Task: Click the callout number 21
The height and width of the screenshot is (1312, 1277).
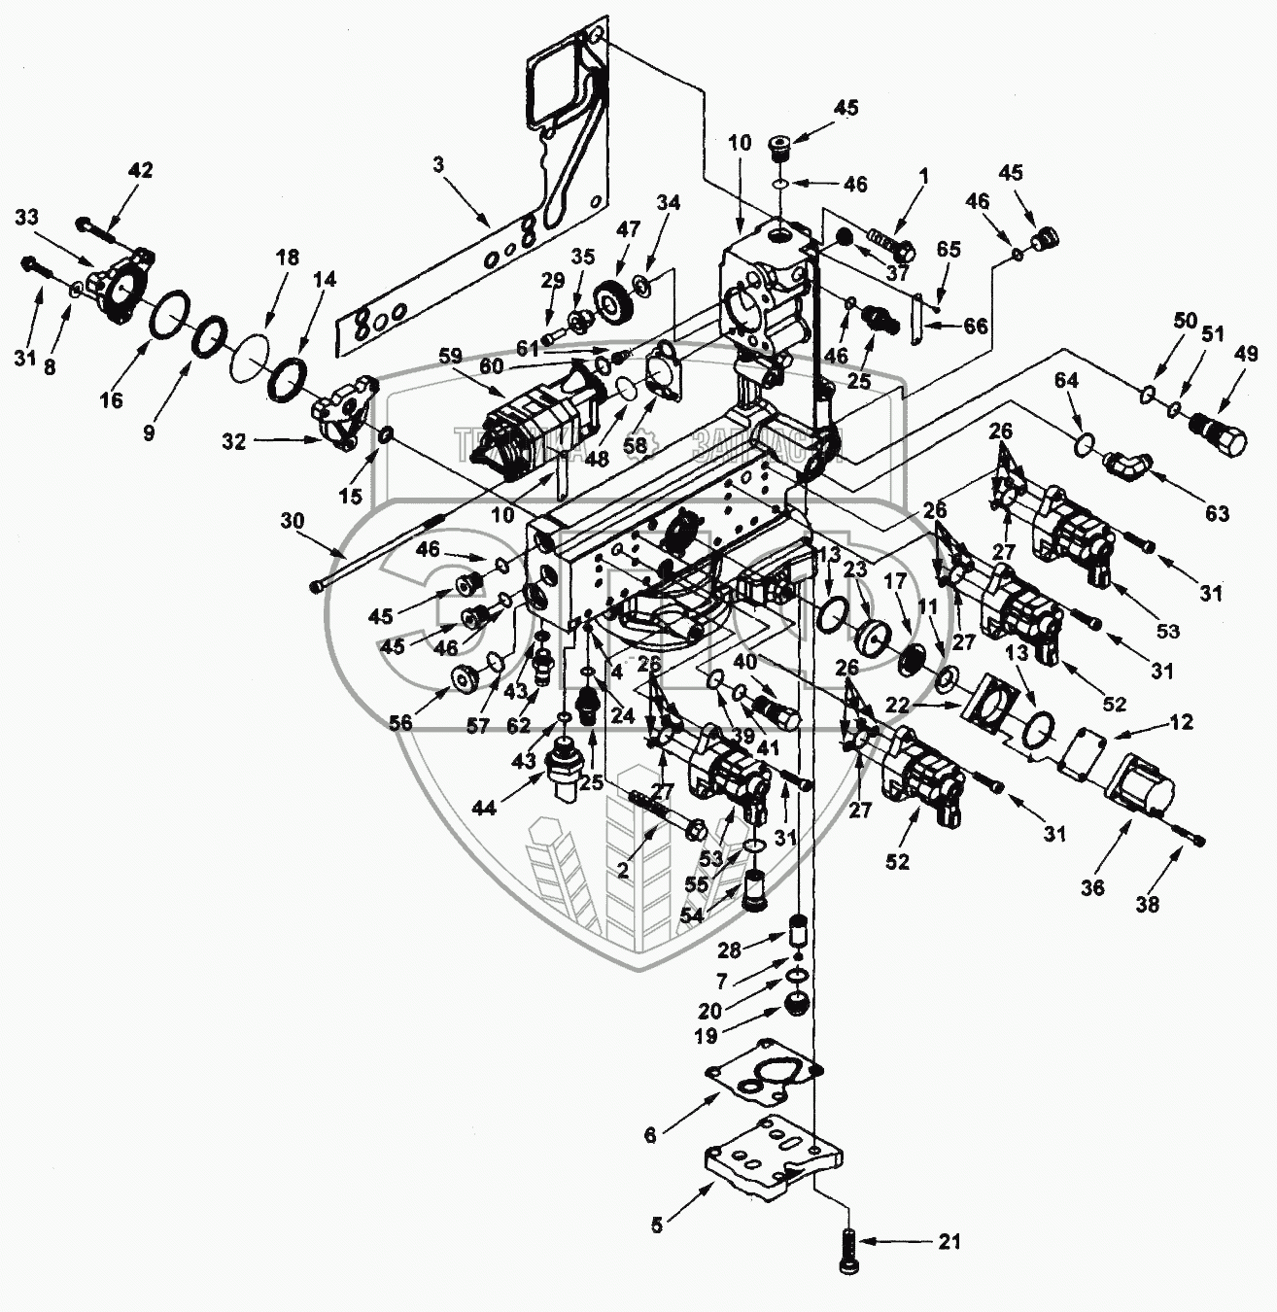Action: (x=949, y=1241)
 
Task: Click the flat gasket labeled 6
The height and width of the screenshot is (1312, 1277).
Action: (x=764, y=1079)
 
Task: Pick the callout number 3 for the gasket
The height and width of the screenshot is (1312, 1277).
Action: (x=438, y=165)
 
